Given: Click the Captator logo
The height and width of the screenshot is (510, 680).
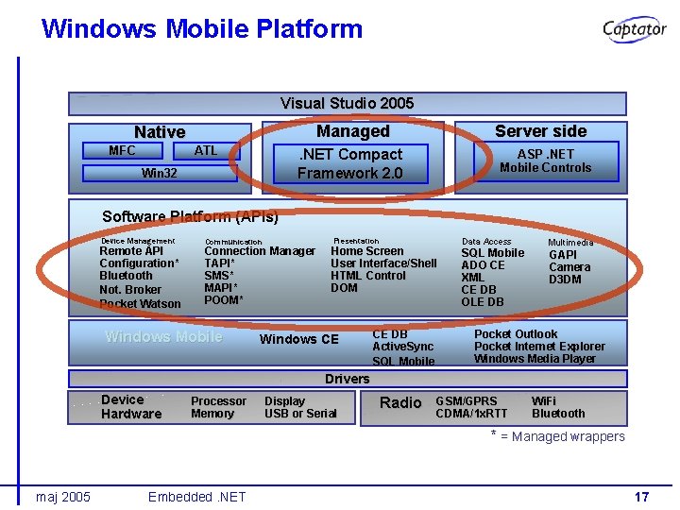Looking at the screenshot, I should pyautogui.click(x=634, y=29).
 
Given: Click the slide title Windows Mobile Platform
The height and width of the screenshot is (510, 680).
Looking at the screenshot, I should pyautogui.click(x=202, y=28).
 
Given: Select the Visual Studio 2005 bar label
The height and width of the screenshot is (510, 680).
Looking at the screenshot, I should pyautogui.click(x=347, y=103).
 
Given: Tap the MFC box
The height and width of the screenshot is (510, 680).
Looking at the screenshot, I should pyautogui.click(x=122, y=151).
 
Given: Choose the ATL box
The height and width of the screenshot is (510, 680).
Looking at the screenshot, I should pyautogui.click(x=205, y=151).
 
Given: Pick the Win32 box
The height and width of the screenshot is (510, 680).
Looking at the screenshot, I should pyautogui.click(x=159, y=173).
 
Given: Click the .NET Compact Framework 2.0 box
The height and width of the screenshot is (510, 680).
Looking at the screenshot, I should pyautogui.click(x=349, y=163).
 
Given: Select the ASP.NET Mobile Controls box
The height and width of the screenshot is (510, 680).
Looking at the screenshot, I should pyautogui.click(x=545, y=161).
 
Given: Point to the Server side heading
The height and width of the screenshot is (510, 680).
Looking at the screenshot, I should pyautogui.click(x=540, y=131).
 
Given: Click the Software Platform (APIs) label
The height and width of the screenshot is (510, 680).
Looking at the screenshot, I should pyautogui.click(x=190, y=216).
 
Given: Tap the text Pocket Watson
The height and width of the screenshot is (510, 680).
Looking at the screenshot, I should pyautogui.click(x=140, y=304).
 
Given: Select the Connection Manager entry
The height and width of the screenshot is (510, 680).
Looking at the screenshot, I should pyautogui.click(x=260, y=251).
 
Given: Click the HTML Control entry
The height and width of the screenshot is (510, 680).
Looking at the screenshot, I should pyautogui.click(x=367, y=276).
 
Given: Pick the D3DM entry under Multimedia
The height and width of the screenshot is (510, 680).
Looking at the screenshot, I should pyautogui.click(x=565, y=280).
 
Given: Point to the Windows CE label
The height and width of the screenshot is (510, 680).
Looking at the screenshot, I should pyautogui.click(x=298, y=340).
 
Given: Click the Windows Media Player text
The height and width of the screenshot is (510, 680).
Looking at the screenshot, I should pyautogui.click(x=535, y=359).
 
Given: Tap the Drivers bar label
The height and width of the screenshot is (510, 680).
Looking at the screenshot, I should pyautogui.click(x=347, y=379).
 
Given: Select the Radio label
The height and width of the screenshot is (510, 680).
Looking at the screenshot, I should pyautogui.click(x=400, y=403).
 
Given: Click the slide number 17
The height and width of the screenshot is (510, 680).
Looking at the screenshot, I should pyautogui.click(x=641, y=497).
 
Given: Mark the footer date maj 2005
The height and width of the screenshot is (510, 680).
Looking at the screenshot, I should pyautogui.click(x=63, y=497).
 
